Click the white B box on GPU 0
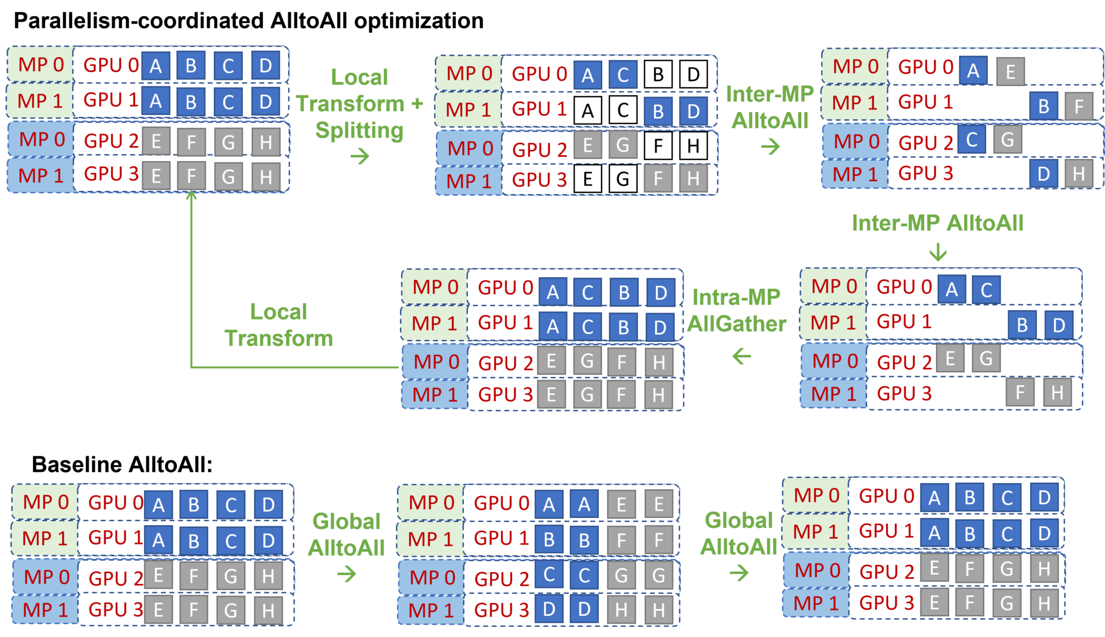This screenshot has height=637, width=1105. pyautogui.click(x=658, y=74)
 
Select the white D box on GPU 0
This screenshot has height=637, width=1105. pyautogui.click(x=693, y=74)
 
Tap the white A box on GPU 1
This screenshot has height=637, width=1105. pyautogui.click(x=588, y=111)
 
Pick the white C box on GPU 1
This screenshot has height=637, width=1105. pyautogui.click(x=623, y=111)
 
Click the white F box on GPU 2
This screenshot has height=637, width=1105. pyautogui.click(x=658, y=146)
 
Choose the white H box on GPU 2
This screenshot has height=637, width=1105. pyautogui.click(x=693, y=146)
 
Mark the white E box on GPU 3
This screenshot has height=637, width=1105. pyautogui.click(x=588, y=179)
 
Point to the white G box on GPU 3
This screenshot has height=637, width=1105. pyautogui.click(x=623, y=179)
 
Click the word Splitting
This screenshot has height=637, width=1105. pyautogui.click(x=359, y=131)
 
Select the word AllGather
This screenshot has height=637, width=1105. pyautogui.click(x=737, y=324)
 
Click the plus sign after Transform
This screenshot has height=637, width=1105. pyautogui.click(x=417, y=104)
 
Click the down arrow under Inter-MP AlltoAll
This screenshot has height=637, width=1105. pyautogui.click(x=938, y=252)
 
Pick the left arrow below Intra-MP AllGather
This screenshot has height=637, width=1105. pyautogui.click(x=742, y=356)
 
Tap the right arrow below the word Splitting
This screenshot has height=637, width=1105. pyautogui.click(x=360, y=157)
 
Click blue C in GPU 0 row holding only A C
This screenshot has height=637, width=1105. pyautogui.click(x=986, y=290)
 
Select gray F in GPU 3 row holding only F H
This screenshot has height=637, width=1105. pyautogui.click(x=1020, y=392)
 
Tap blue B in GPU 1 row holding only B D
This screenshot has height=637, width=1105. pyautogui.click(x=1022, y=325)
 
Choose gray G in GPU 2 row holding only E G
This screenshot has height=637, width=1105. pyautogui.click(x=986, y=358)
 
